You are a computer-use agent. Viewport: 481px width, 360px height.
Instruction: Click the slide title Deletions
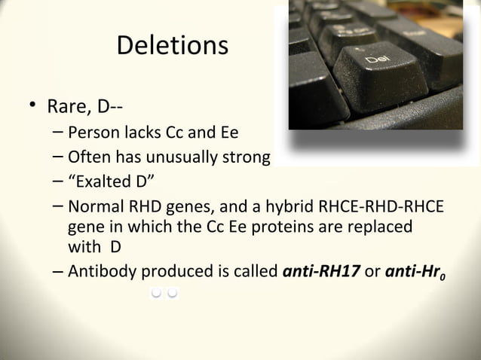pyautogui.click(x=172, y=45)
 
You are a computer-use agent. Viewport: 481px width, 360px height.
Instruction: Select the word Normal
pyautogui.click(x=94, y=206)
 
